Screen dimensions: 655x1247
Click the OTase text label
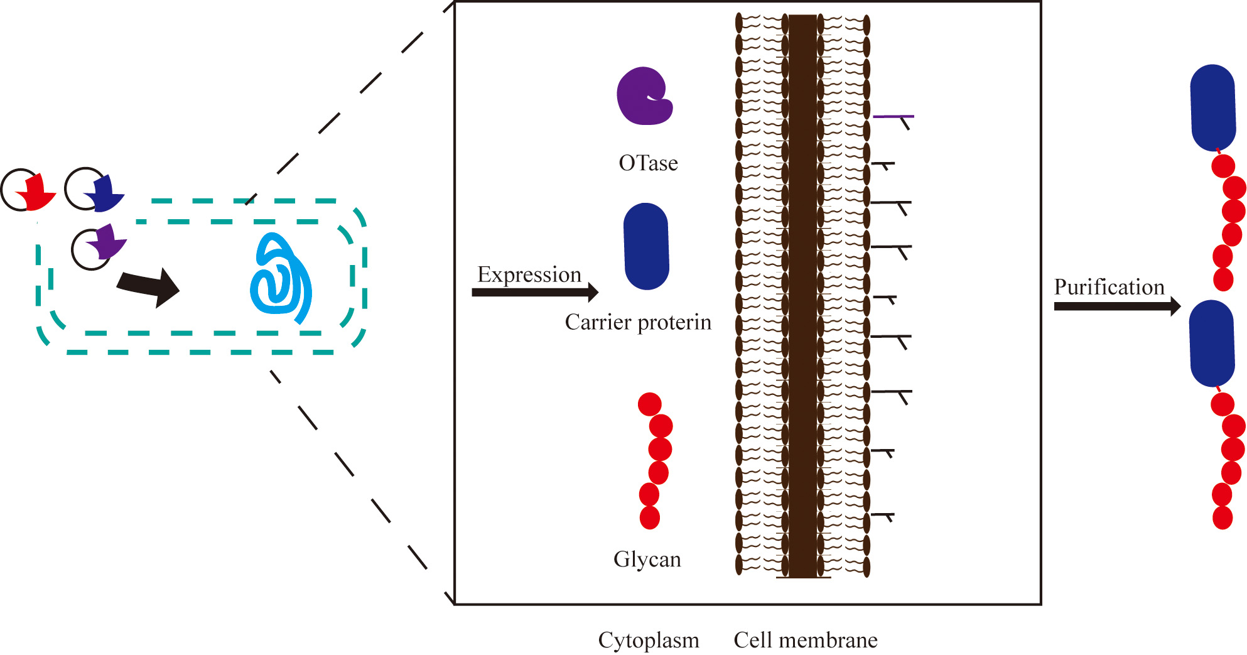pyautogui.click(x=648, y=163)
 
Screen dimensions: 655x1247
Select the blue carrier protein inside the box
pyautogui.click(x=646, y=246)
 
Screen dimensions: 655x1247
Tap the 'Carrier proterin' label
pyautogui.click(x=638, y=322)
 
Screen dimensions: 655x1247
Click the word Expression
pyautogui.click(x=529, y=274)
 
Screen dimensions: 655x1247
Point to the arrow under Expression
pyautogui.click(x=534, y=292)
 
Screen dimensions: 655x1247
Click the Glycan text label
pyautogui.click(x=647, y=559)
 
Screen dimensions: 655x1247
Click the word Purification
pyautogui.click(x=1109, y=287)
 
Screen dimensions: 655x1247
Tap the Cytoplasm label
pyautogui.click(x=648, y=640)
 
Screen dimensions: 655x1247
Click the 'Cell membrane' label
pyautogui.click(x=806, y=640)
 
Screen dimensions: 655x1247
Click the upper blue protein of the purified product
pyautogui.click(x=1212, y=107)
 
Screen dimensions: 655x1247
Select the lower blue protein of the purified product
pyautogui.click(x=1212, y=344)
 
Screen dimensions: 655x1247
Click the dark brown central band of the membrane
pyautogui.click(x=802, y=295)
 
